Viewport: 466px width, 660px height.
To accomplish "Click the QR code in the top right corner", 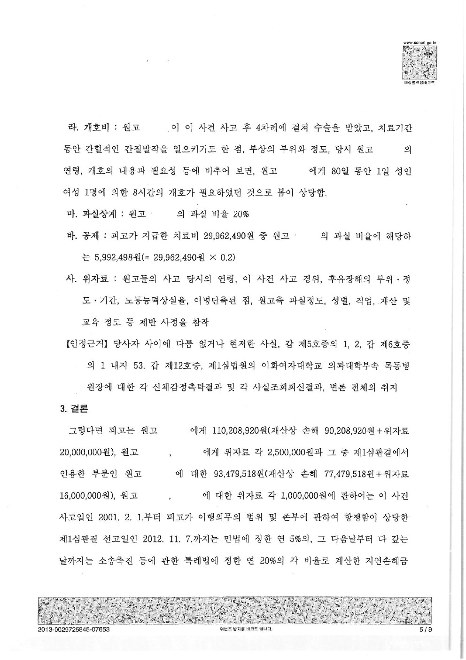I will tap(419, 63).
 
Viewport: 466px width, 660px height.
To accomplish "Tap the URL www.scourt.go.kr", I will tap(419, 43).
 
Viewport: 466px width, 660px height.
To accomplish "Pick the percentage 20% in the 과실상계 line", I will tap(241, 215).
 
